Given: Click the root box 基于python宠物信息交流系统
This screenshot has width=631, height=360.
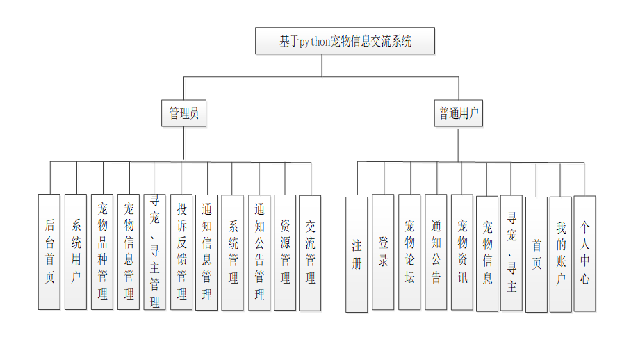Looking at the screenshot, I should click(x=345, y=41).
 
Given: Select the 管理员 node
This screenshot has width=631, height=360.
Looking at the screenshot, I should click(x=184, y=113).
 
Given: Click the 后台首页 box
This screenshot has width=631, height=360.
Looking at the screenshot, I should click(x=49, y=252).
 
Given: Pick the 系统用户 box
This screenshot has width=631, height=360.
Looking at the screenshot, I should click(x=76, y=252).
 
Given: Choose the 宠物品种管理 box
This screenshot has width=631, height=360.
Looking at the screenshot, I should click(x=102, y=252).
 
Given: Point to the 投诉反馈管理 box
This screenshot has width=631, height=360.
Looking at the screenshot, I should click(x=181, y=252).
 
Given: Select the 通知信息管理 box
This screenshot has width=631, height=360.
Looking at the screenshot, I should click(x=206, y=252).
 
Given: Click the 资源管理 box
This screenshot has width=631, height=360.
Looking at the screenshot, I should click(x=285, y=252).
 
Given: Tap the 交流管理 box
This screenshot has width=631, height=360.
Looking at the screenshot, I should click(x=310, y=252).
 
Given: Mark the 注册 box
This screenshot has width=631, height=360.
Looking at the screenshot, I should click(x=357, y=254).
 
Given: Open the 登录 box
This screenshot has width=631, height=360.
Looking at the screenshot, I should click(x=383, y=252).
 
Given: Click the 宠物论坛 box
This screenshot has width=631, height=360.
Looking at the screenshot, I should click(x=409, y=252).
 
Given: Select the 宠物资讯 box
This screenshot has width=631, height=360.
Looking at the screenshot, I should click(x=462, y=252).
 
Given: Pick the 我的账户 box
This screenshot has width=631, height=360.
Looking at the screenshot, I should click(x=561, y=254).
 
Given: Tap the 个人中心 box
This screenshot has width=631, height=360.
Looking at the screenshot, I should click(x=585, y=254).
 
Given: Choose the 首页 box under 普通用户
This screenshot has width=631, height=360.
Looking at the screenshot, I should click(x=536, y=254).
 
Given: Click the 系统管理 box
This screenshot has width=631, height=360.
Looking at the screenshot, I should click(x=233, y=252).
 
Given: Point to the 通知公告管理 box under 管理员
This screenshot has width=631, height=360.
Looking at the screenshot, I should click(x=259, y=252).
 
